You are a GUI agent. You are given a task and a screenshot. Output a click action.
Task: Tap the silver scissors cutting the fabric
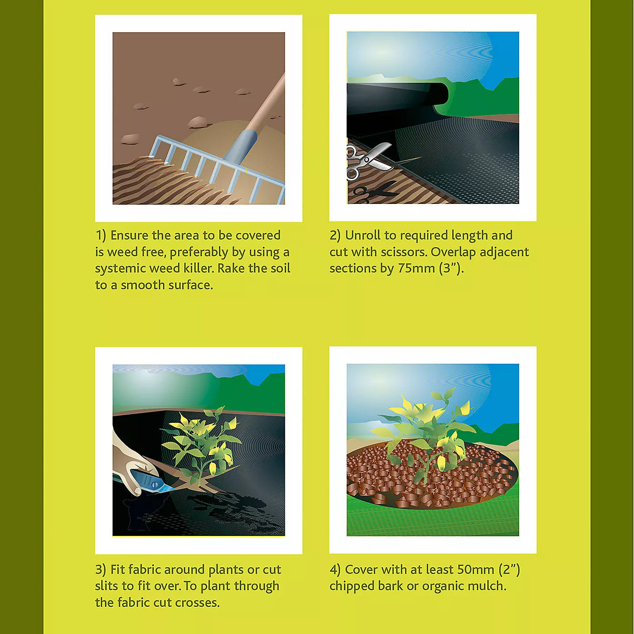(368, 160)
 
